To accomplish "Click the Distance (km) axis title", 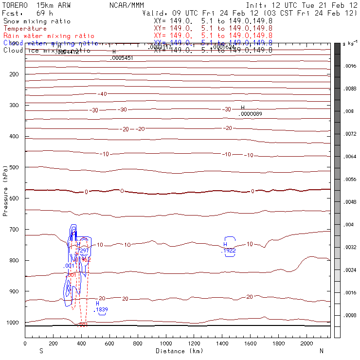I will pyautogui.click(x=177, y=351).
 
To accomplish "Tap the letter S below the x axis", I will pyautogui.click(x=40, y=351).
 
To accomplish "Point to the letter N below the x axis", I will pyautogui.click(x=321, y=351).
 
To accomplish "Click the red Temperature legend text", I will pyautogui.click(x=25, y=29).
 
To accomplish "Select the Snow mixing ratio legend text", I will pyautogui.click(x=37, y=21).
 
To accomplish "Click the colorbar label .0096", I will pyautogui.click(x=351, y=66).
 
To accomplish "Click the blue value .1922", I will pyautogui.click(x=228, y=251).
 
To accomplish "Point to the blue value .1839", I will pyautogui.click(x=101, y=309).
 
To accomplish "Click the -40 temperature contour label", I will pyautogui.click(x=102, y=94).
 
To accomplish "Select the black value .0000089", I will pyautogui.click(x=251, y=114).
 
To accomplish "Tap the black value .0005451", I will pyautogui.click(x=122, y=58).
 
